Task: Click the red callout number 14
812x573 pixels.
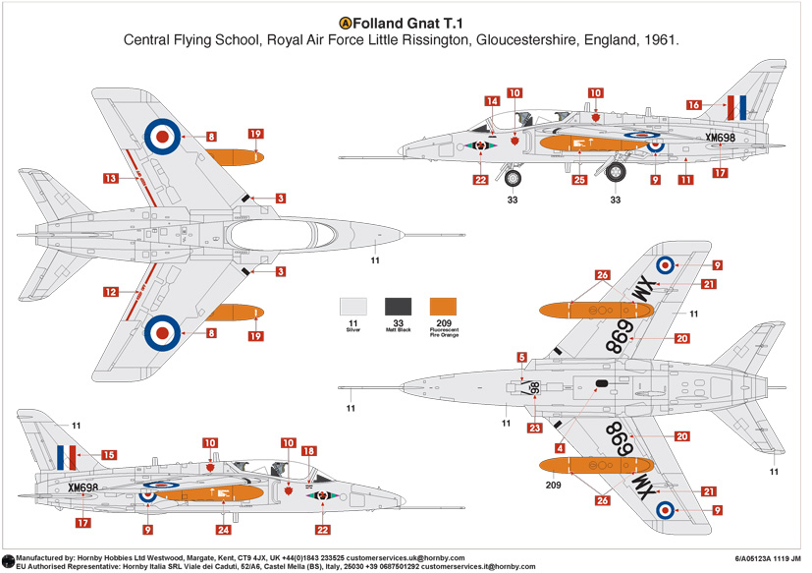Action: click(492, 100)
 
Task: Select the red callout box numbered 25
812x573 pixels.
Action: click(579, 180)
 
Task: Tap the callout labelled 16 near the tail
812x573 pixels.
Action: click(693, 104)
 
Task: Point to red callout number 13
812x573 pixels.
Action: click(111, 179)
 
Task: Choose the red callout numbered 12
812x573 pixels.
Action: click(111, 292)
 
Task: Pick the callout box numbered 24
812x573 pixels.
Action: click(225, 531)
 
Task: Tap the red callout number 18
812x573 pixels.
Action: click(309, 451)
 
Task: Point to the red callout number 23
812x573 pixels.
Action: click(534, 428)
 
